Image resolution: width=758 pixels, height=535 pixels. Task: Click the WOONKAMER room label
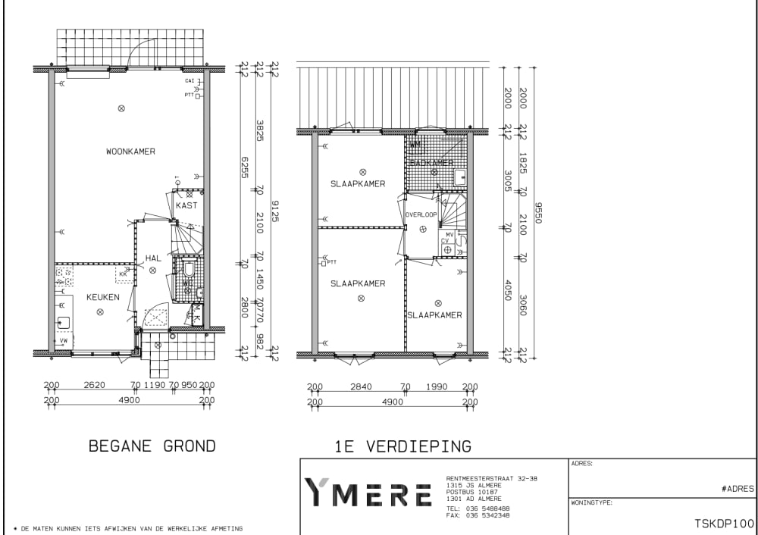click(x=130, y=152)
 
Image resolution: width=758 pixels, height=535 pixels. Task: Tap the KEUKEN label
click(x=102, y=297)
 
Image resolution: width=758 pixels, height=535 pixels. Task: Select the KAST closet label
click(x=186, y=205)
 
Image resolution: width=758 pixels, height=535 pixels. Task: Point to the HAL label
click(x=152, y=258)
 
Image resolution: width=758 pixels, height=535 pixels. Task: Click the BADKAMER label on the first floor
click(x=431, y=163)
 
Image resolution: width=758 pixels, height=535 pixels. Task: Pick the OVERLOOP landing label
click(x=421, y=214)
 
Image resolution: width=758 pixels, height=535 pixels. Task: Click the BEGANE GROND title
click(x=152, y=446)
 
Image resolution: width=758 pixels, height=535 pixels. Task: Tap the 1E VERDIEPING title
click(x=402, y=446)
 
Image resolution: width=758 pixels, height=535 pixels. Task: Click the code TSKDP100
click(x=725, y=524)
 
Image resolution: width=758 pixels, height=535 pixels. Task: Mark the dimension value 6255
click(x=245, y=167)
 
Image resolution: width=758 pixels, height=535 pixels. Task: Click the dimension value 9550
click(x=539, y=211)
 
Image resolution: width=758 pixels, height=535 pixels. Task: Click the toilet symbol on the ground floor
click(x=189, y=269)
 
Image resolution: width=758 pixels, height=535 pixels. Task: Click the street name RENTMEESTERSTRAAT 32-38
click(x=492, y=479)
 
